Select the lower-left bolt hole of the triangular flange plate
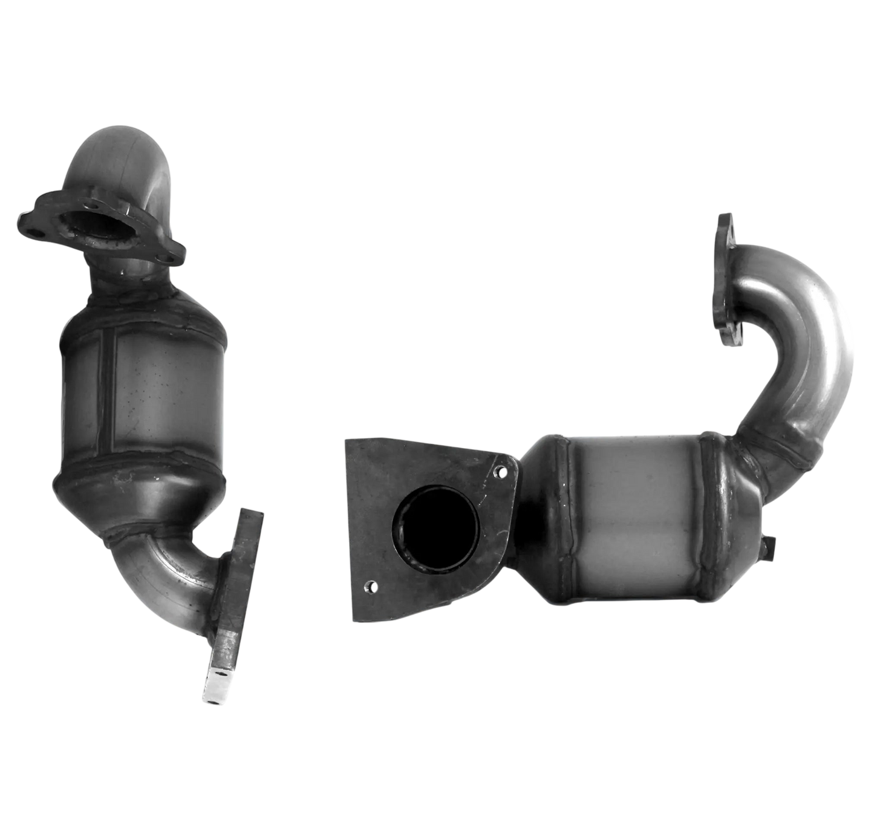coord(371,585)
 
